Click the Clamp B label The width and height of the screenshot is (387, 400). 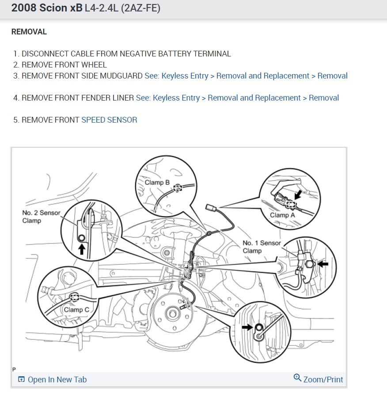pyautogui.click(x=157, y=182)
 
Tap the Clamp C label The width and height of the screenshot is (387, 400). pyautogui.click(x=76, y=310)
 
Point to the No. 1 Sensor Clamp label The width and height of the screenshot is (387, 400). pyautogui.click(x=262, y=247)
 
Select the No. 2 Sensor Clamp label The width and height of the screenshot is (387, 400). pyautogui.click(x=41, y=217)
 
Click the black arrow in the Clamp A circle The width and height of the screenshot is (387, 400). pyautogui.click(x=299, y=194)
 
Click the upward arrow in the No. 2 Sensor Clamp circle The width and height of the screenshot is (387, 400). pyautogui.click(x=81, y=249)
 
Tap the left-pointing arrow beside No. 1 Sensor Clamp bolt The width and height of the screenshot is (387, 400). pyautogui.click(x=323, y=264)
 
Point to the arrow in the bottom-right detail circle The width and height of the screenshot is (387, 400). pyautogui.click(x=247, y=327)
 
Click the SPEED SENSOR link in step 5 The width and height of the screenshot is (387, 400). pyautogui.click(x=109, y=120)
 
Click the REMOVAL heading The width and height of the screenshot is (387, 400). pyautogui.click(x=29, y=32)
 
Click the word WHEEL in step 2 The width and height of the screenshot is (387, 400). pyautogui.click(x=94, y=65)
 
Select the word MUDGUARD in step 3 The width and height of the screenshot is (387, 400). pyautogui.click(x=121, y=76)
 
